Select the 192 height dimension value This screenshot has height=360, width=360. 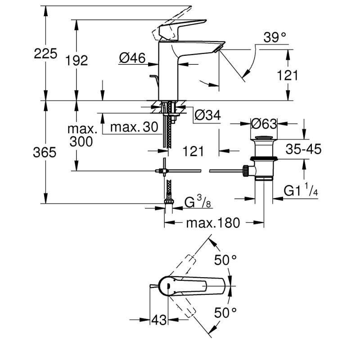pos(76,61)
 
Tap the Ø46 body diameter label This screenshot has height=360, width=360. pos(132,58)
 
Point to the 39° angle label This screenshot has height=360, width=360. pos(275,38)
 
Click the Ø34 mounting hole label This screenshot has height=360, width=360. pos(207,116)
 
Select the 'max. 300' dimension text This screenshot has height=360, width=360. pos(82,135)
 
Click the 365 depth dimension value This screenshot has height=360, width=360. pos(45,153)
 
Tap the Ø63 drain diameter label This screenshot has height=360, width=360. pos(264,123)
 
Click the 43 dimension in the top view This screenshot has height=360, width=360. pos(159,320)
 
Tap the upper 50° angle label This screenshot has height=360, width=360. pos(225,260)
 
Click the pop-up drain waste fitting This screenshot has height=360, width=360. pos(263,157)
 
